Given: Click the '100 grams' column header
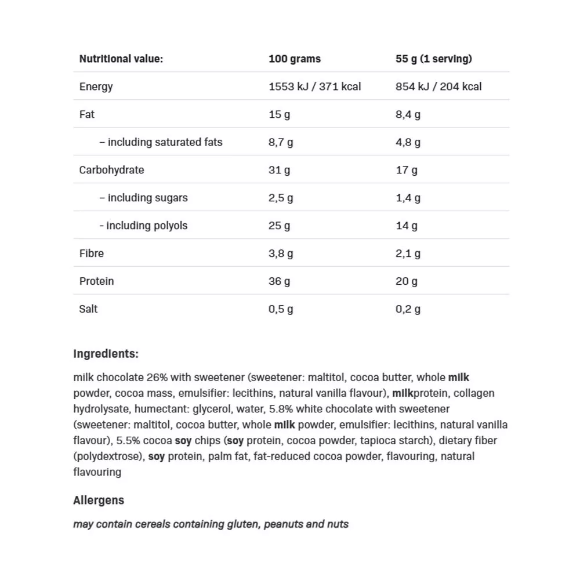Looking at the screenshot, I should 295,59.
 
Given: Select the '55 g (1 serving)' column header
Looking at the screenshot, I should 434,59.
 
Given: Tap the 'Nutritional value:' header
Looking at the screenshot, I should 121,59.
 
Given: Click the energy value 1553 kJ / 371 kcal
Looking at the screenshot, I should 314,86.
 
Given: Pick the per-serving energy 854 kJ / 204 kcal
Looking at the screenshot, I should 438,86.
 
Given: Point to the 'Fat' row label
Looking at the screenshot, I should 87,114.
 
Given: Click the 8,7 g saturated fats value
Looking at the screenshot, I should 281,142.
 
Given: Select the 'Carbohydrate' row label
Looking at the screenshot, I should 111,170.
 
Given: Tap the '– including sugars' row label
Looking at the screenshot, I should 143,198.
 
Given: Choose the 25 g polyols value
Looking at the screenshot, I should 279,226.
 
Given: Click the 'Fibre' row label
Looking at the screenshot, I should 92,253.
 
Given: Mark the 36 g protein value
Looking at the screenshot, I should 279,281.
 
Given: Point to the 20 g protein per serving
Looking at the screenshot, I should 407,281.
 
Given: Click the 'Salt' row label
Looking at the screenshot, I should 88,309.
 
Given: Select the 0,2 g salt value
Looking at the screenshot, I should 408,309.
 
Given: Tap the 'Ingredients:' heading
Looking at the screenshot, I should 106,354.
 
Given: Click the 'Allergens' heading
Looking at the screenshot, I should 99,500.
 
